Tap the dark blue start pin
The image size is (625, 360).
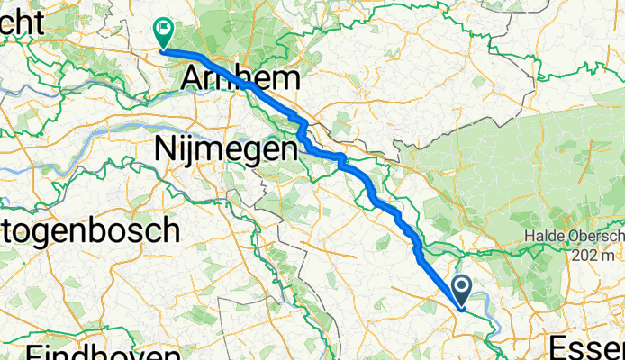[x=462, y=291]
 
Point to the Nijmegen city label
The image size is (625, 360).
[x=225, y=148]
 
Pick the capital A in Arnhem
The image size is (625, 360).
[x=192, y=79]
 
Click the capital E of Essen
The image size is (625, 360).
[x=557, y=347]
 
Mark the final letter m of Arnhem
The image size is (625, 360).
[x=285, y=80]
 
